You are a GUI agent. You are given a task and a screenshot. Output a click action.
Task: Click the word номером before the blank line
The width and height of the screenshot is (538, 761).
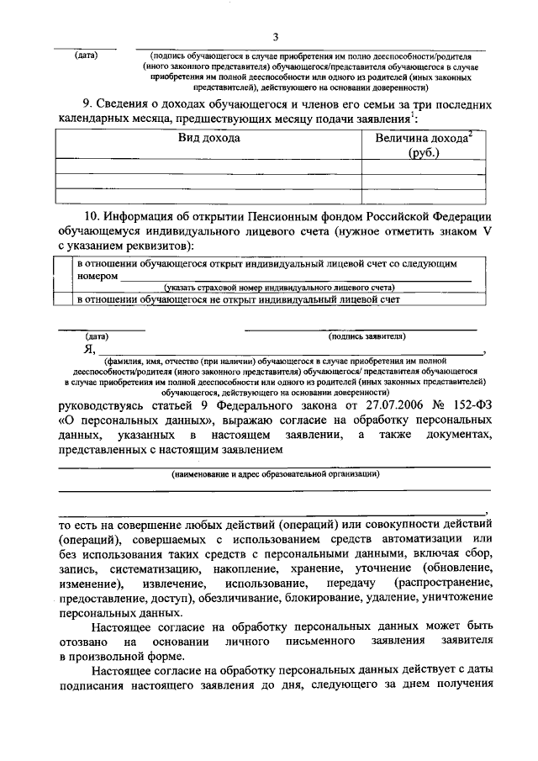pos(97,275)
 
